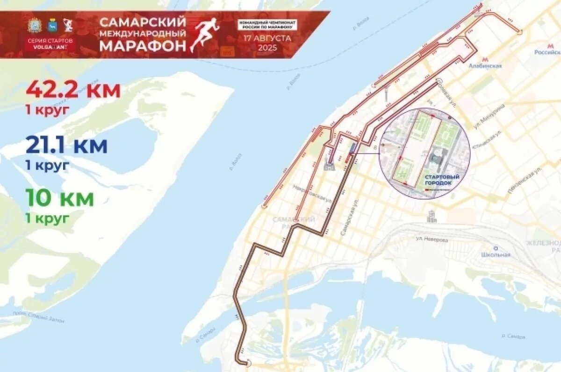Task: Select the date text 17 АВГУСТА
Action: tap(267, 38)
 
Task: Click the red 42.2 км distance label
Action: tap(73, 90)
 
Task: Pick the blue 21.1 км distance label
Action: tap(66, 146)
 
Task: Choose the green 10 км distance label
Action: tap(59, 198)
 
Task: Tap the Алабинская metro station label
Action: tap(485, 66)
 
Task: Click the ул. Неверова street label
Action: tap(432, 239)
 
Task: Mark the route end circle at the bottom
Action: tap(248, 363)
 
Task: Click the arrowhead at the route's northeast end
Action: tap(519, 31)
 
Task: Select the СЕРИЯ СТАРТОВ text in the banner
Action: tap(50, 41)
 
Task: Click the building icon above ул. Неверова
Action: tap(432, 216)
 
